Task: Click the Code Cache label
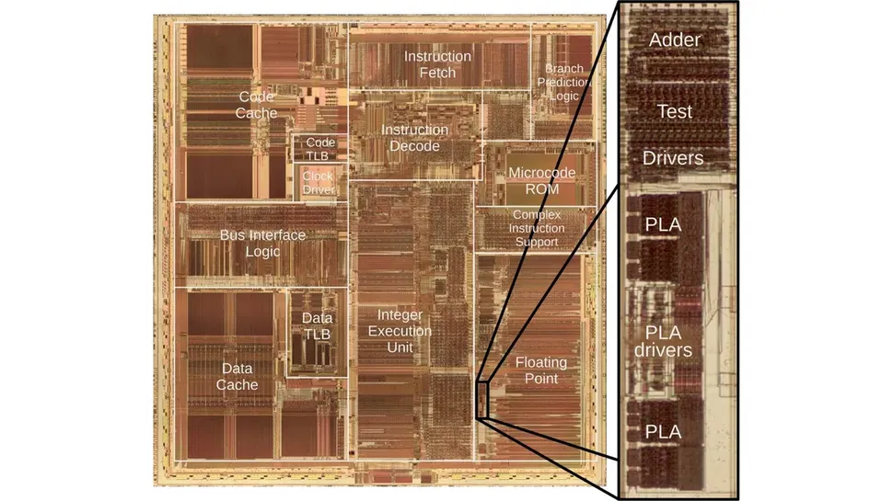point(256,104)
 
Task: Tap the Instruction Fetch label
point(437,64)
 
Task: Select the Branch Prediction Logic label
point(563,82)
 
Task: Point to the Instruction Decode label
point(414,138)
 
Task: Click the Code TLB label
point(320,149)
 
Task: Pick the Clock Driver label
point(318,182)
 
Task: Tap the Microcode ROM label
point(541,180)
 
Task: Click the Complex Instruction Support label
point(537,228)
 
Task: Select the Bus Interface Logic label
point(262,244)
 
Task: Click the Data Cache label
point(237,377)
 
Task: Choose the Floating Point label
point(540,370)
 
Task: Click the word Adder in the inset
point(675,40)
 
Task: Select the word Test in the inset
point(674,111)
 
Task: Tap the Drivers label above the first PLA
point(673,158)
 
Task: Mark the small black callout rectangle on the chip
point(482,397)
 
